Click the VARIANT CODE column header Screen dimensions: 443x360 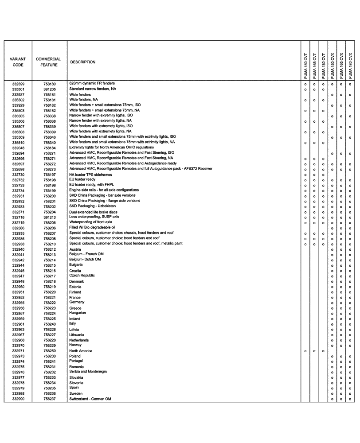[18, 62]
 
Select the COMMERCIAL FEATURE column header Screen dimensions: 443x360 [48, 62]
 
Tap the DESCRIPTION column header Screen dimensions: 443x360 [83, 62]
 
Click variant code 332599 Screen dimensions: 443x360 [18, 84]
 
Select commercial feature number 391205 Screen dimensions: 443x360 [50, 89]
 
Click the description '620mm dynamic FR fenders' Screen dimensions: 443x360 [92, 83]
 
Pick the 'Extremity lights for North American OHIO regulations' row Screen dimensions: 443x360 [111, 147]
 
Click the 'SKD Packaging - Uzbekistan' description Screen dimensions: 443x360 [92, 206]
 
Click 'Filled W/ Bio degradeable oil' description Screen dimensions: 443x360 [95, 227]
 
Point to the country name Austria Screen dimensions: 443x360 [75, 249]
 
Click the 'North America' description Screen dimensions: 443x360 [81, 351]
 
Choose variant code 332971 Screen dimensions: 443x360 [18, 351]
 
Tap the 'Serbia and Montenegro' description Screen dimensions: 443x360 [88, 372]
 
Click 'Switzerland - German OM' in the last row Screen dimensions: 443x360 [90, 399]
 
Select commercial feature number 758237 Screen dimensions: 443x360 [50, 399]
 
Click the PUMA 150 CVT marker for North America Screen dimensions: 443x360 [305, 351]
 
